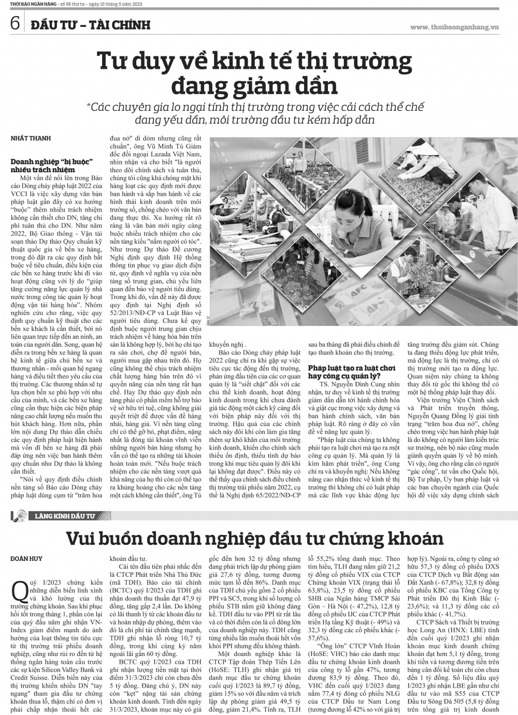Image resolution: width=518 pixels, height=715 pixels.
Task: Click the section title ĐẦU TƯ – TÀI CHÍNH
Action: pyautogui.click(x=90, y=24)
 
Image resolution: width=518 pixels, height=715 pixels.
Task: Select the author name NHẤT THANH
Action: pyautogui.click(x=30, y=139)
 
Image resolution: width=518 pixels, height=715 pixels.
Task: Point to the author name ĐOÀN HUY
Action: pyautogui.click(x=27, y=558)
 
